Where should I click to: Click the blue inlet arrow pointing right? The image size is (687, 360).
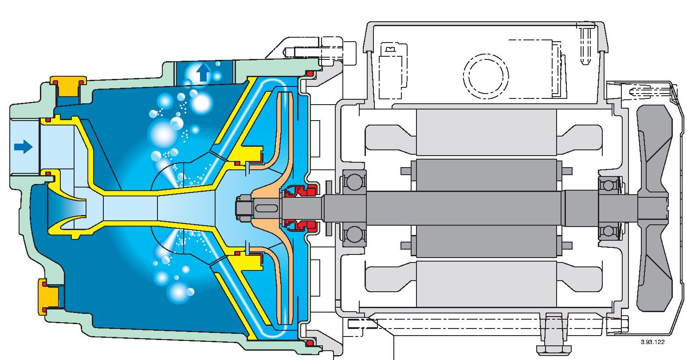click(23, 146)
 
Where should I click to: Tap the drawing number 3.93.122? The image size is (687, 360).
click(652, 342)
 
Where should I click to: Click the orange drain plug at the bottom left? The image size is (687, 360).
click(49, 297)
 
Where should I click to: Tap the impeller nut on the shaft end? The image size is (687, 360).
click(244, 207)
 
